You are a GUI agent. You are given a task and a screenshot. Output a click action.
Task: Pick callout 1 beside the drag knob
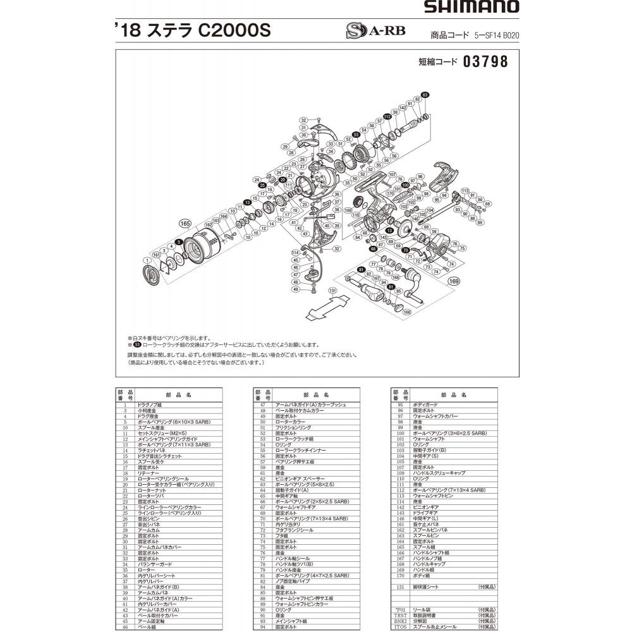point(147,260)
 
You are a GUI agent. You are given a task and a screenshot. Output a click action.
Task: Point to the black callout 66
point(373,249)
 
